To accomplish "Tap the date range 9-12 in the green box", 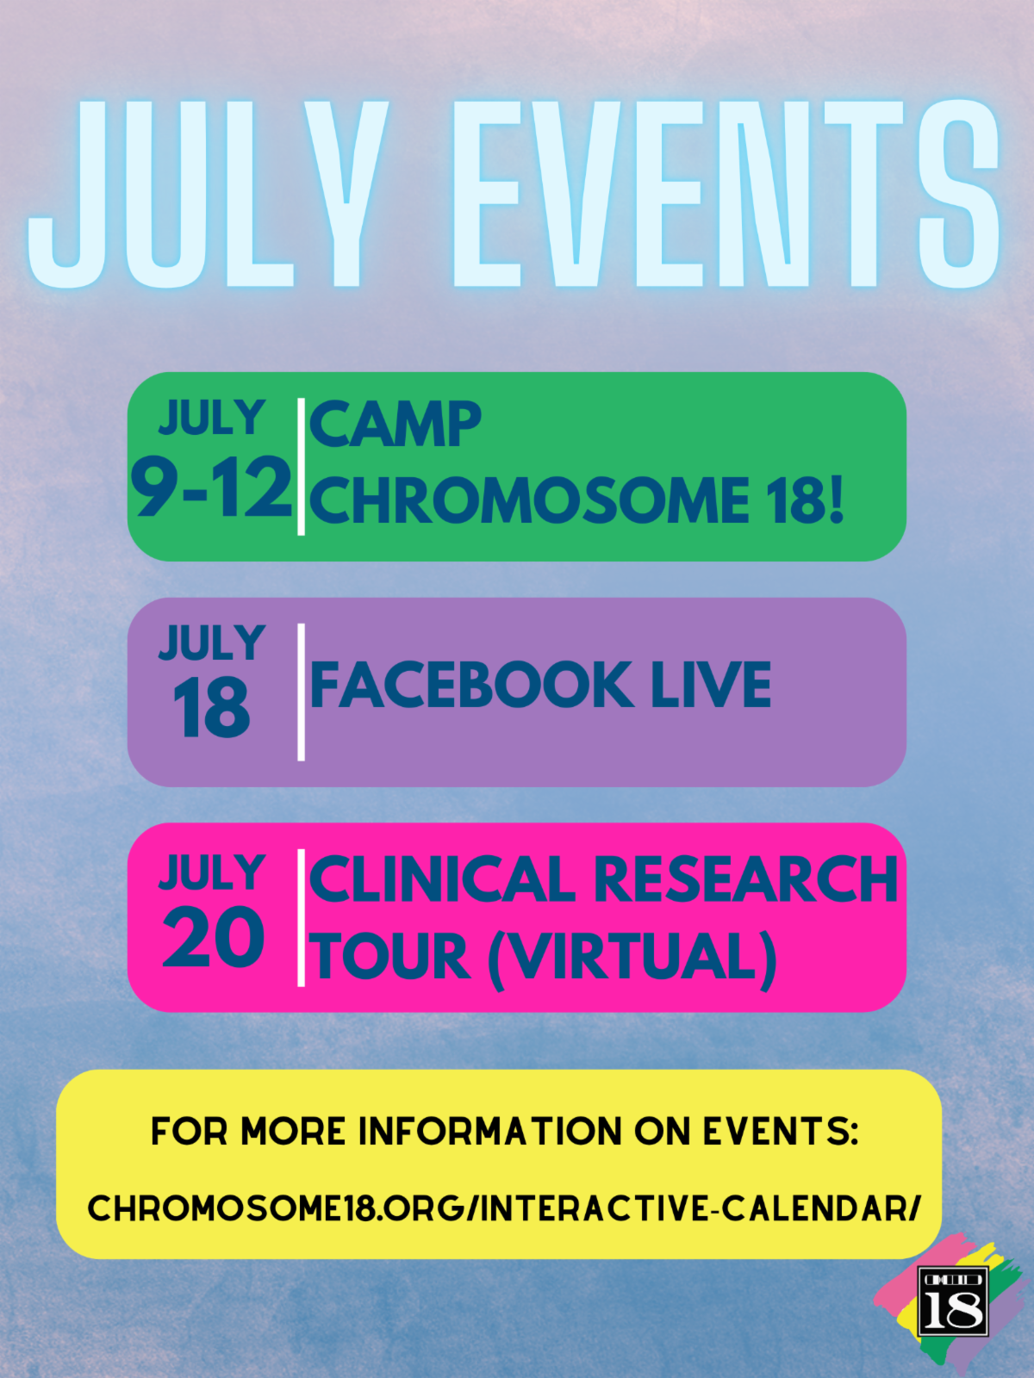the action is [x=211, y=487].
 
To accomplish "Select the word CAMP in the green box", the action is [x=395, y=425].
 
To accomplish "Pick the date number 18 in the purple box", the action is [x=211, y=708].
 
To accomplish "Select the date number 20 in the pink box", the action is [x=213, y=937].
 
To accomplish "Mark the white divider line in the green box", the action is [x=302, y=467].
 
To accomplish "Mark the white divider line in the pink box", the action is [x=302, y=917].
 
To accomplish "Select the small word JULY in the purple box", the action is [x=212, y=642].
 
